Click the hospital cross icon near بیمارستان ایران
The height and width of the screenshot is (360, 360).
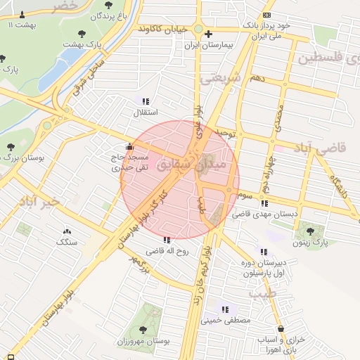pyautogui.click(x=208, y=34)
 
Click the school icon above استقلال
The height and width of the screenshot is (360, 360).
pyautogui.click(x=146, y=101)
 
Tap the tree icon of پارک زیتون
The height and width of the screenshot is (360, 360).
pyautogui.click(x=310, y=231)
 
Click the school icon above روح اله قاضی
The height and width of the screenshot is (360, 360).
pyautogui.click(x=167, y=240)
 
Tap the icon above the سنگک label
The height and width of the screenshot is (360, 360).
pyautogui.click(x=67, y=231)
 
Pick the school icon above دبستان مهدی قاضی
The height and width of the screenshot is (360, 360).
pyautogui.click(x=264, y=203)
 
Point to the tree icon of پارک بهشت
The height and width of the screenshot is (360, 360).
pyautogui.click(x=83, y=33)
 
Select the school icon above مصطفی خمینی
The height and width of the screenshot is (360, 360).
pyautogui.click(x=226, y=308)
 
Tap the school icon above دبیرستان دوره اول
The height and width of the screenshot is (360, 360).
pyautogui.click(x=264, y=251)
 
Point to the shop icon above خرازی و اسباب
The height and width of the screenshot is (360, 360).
pyautogui.click(x=281, y=328)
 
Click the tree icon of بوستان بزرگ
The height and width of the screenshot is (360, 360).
pyautogui.click(x=10, y=147)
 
